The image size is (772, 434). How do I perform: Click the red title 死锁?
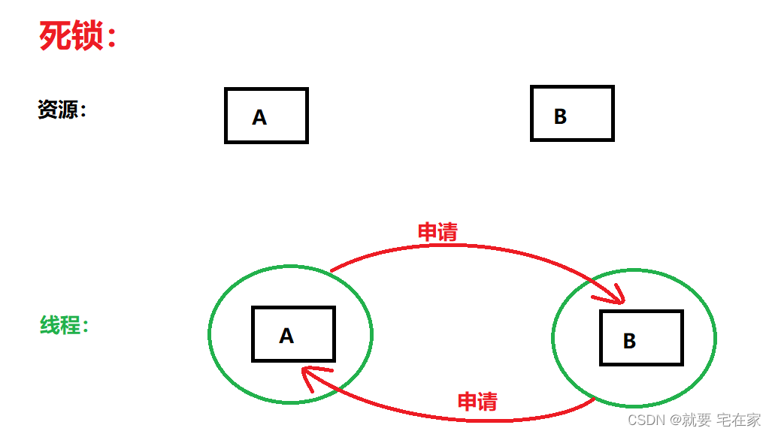72,35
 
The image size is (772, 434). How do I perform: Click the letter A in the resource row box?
259,118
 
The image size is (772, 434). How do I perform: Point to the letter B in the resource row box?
560,116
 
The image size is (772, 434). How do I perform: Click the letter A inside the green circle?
286,336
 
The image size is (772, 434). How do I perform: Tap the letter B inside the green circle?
630,341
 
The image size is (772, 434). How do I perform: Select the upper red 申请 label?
437,232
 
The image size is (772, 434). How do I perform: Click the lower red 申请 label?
477,402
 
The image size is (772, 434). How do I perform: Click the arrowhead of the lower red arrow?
307,375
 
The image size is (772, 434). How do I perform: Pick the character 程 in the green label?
71,326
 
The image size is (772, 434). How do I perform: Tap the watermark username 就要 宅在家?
721,419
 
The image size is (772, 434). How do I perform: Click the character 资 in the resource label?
47,110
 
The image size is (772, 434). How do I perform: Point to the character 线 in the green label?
50,326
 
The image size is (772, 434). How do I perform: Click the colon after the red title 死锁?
112,38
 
